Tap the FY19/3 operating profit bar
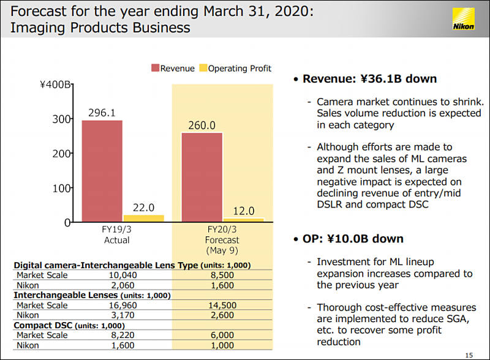143,217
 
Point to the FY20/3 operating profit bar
243,219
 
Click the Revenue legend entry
173,69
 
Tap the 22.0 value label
143,208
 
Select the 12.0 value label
243,211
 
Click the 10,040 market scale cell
116,275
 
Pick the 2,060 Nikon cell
116,285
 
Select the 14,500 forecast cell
222,305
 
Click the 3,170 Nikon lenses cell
116,315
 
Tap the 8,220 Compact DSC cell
116,335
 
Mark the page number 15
469,354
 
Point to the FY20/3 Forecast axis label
222,240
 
